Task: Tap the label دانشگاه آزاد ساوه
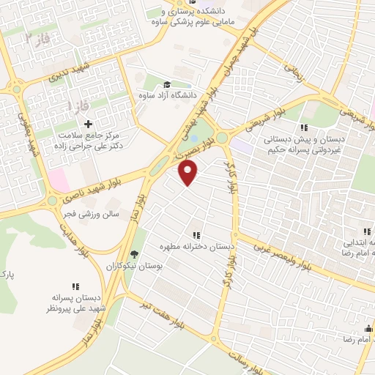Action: click(168, 96)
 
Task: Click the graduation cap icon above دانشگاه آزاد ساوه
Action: click(168, 84)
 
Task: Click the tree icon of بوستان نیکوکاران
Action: click(133, 254)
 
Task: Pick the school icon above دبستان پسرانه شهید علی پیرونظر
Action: click(75, 286)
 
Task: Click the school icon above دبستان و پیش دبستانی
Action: click(304, 127)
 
